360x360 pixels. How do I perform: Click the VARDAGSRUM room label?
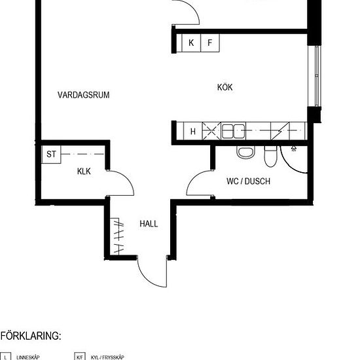coord(83,95)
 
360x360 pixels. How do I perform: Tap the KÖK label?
coord(225,87)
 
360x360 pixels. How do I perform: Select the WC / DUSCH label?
coord(248,181)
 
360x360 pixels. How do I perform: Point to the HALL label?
coord(149,224)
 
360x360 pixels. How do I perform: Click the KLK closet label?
coord(84,171)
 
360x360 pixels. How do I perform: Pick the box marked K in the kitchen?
coord(191,43)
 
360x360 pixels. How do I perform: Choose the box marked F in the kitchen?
coord(210,43)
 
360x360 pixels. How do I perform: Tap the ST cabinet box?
coord(51,154)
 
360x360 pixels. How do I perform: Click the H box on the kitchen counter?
coord(193,131)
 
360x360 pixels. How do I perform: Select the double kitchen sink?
coord(233,132)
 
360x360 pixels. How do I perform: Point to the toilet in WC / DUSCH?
coord(271,156)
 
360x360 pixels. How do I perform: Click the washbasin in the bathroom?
coord(245,153)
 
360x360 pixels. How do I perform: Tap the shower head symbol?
coord(294,149)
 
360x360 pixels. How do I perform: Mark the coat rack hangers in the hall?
coord(118,236)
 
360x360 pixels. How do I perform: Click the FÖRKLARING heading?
coord(31,336)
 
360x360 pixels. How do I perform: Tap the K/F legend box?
coord(80,356)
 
